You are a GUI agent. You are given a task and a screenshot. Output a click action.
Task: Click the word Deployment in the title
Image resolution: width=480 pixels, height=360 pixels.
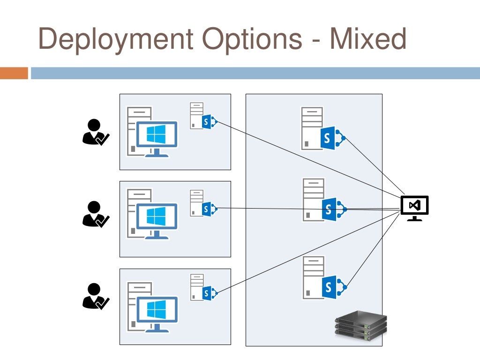(x=115, y=39)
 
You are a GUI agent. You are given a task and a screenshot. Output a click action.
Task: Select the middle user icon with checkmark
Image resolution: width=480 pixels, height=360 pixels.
(x=95, y=214)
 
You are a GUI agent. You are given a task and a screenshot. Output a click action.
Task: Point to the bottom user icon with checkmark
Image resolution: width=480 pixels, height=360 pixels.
(x=95, y=296)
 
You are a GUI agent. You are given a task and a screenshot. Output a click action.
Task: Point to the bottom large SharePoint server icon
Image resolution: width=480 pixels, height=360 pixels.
(x=323, y=279)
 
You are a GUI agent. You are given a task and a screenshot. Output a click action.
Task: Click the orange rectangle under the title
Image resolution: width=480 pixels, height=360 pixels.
(x=14, y=73)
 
